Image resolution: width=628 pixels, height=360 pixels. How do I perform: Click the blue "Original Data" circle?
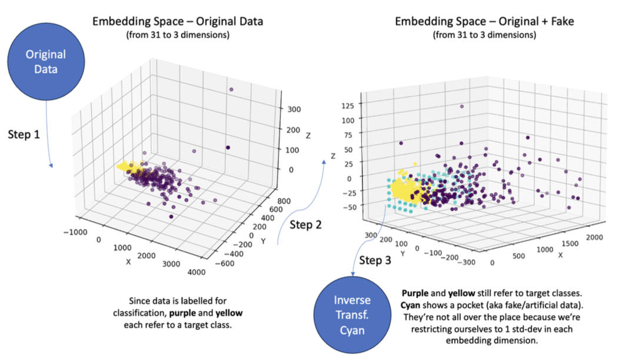click(46, 62)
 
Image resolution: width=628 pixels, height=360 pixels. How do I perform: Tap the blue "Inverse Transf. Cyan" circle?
click(353, 315)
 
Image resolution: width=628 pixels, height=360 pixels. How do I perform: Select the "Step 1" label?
click(24, 134)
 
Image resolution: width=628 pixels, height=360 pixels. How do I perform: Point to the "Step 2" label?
click(305, 225)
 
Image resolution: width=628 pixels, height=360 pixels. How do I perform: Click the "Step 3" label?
click(375, 260)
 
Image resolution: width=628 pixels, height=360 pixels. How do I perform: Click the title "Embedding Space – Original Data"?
click(178, 21)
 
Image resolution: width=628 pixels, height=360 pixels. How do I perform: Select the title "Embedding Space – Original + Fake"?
click(484, 21)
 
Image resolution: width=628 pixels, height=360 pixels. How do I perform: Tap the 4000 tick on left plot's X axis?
click(196, 272)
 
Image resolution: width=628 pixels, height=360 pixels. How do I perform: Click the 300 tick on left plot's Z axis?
click(294, 109)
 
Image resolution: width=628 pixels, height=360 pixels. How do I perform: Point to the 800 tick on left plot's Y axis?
click(284, 201)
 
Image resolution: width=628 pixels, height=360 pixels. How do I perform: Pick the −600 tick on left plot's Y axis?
click(225, 264)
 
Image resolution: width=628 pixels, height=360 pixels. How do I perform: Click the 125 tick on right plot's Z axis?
click(348, 106)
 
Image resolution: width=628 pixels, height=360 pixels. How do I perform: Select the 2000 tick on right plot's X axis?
click(594, 238)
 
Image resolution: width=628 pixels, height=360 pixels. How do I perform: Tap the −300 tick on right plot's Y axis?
click(466, 262)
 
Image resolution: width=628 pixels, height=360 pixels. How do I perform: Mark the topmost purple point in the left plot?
click(231, 89)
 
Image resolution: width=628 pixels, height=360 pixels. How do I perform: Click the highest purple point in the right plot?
click(462, 106)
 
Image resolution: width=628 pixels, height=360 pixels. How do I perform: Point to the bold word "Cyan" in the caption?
click(410, 305)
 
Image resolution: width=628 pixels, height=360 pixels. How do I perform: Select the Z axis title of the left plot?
click(308, 136)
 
